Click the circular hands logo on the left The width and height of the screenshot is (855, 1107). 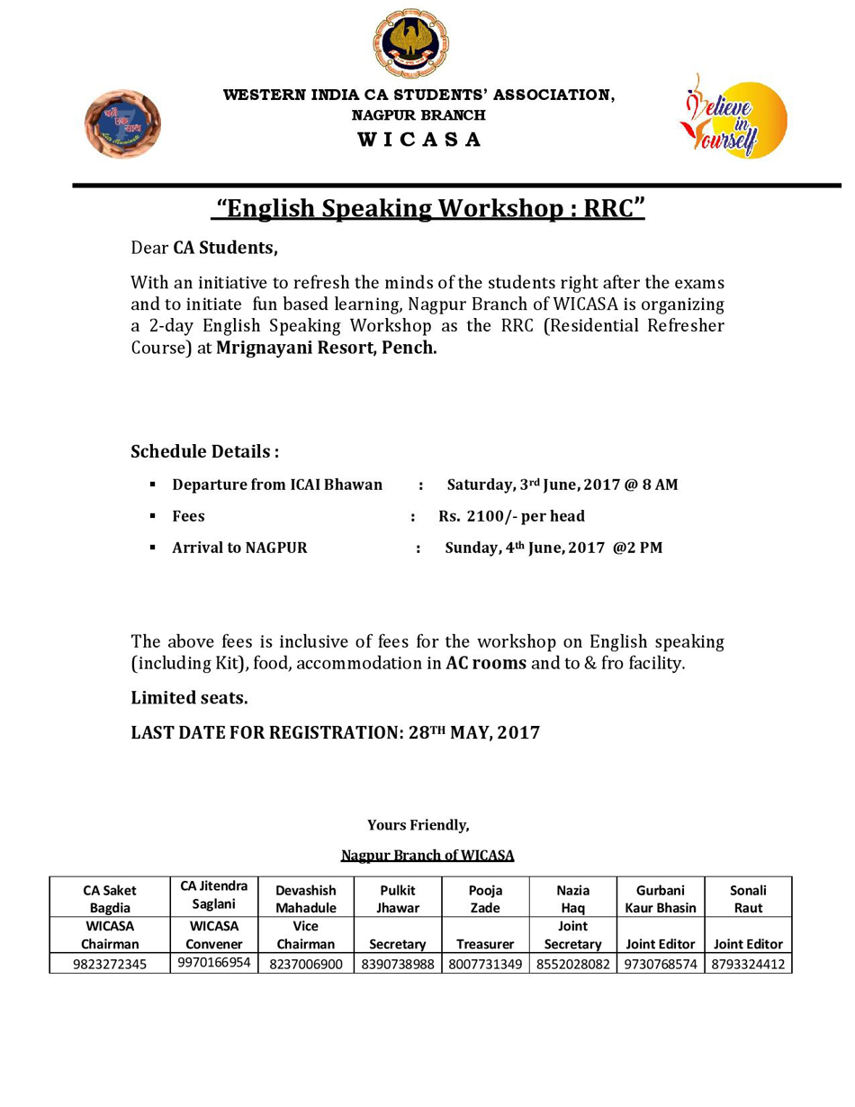click(122, 123)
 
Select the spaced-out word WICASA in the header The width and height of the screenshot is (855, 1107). click(419, 140)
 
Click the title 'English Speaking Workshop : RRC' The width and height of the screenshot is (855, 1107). click(428, 209)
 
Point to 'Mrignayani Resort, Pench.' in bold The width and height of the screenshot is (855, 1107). click(327, 347)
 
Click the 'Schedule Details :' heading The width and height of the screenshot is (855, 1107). click(205, 450)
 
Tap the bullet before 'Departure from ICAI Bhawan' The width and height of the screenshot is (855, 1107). click(153, 485)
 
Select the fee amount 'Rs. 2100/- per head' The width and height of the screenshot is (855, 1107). click(512, 516)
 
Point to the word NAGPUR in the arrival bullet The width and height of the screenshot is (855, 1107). click(276, 548)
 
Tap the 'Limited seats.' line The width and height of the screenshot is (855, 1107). click(189, 697)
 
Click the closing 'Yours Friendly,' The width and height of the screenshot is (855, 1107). click(418, 824)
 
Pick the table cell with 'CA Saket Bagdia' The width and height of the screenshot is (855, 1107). click(110, 898)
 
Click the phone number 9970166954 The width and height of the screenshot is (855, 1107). click(214, 963)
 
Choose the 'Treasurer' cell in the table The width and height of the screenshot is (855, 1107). click(485, 944)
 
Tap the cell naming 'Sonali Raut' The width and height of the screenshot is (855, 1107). click(748, 898)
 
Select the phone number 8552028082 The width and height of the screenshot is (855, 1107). click(572, 964)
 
